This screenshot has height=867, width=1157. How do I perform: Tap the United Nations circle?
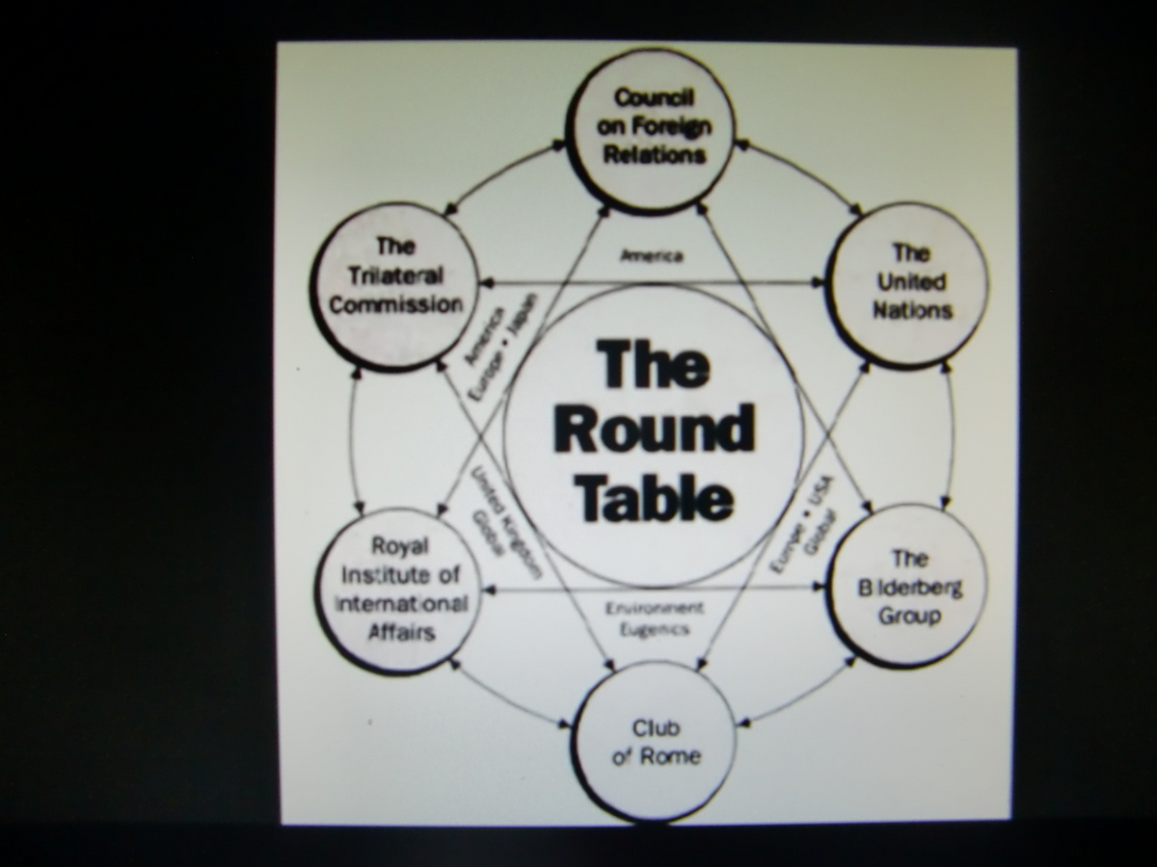[909, 284]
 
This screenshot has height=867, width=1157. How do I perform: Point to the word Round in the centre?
[654, 430]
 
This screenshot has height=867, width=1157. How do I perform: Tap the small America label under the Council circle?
[652, 256]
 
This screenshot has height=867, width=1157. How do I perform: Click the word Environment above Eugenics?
[654, 609]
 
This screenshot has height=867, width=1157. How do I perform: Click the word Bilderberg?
[909, 587]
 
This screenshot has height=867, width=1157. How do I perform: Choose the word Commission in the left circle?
[394, 304]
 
